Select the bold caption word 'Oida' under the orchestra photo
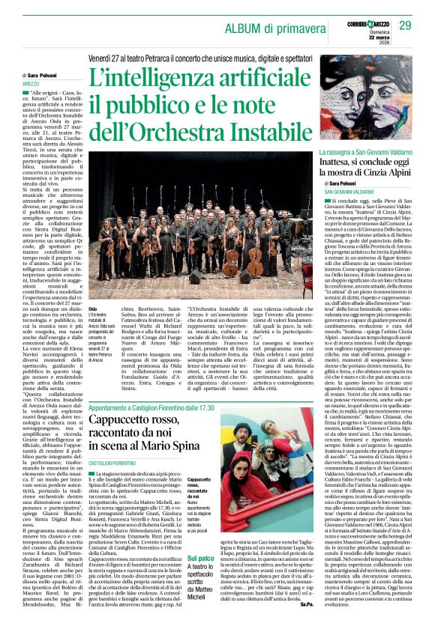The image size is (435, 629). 92,309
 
